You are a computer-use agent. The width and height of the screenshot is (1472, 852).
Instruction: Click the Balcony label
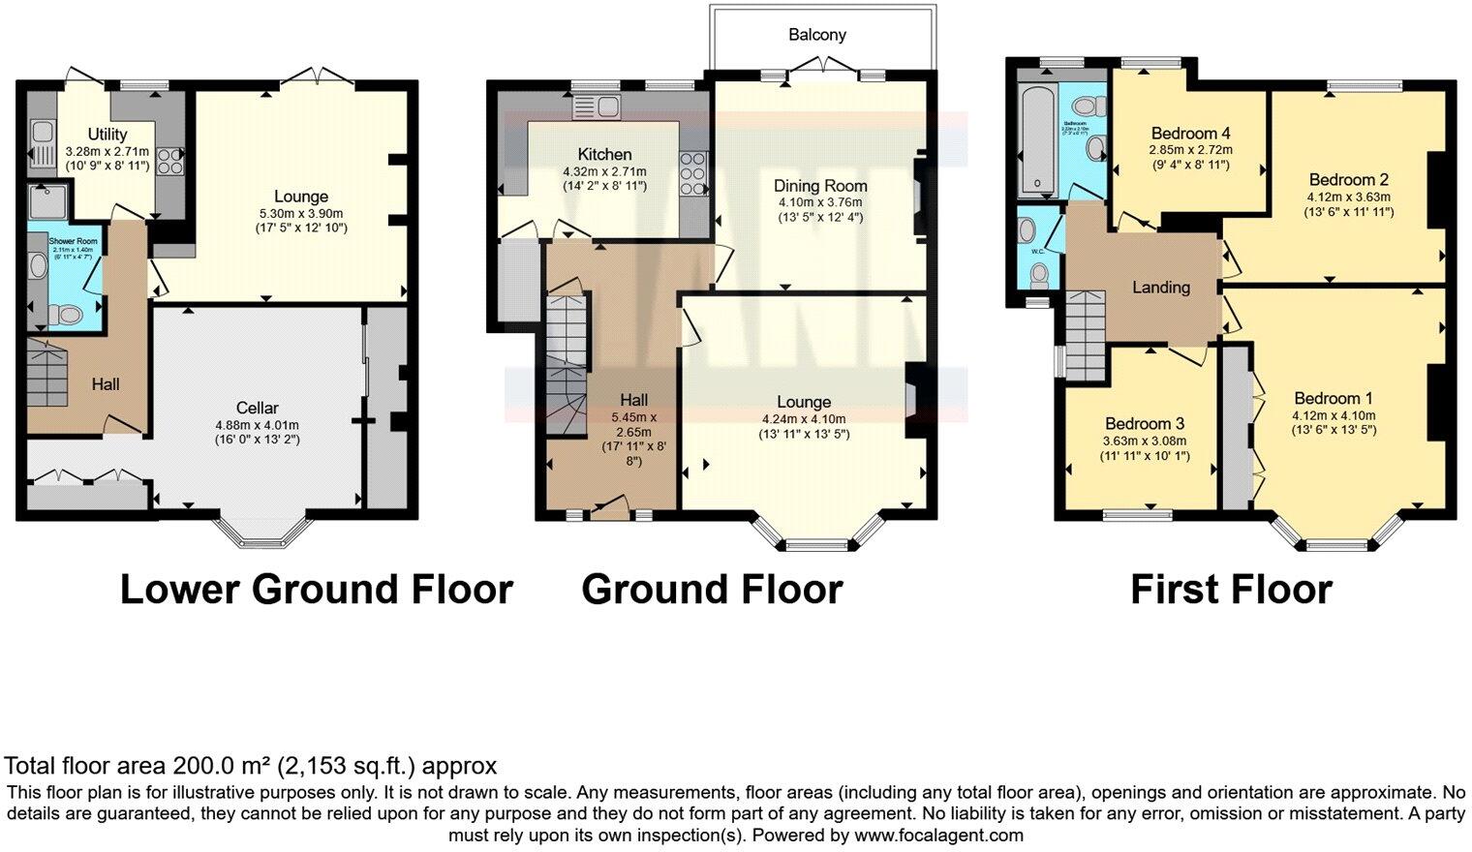click(816, 35)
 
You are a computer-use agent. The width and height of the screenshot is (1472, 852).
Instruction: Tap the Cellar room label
click(257, 408)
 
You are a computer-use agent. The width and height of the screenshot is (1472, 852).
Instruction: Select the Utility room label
click(107, 135)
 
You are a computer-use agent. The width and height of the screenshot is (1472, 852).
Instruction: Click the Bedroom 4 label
click(1190, 133)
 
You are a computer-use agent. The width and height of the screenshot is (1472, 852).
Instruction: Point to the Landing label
click(1160, 287)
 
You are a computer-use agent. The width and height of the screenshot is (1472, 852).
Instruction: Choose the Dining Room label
click(819, 185)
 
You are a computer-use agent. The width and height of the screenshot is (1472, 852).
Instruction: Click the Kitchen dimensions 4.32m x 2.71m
click(605, 171)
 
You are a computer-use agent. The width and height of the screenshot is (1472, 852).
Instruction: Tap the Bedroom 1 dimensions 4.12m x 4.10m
click(1334, 415)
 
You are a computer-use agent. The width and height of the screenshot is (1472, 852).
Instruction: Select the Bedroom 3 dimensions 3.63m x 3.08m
click(1145, 441)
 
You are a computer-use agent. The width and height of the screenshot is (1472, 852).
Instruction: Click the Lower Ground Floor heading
click(316, 589)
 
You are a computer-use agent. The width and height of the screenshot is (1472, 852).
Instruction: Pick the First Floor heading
click(1231, 589)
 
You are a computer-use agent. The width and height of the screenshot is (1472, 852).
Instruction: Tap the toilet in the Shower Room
click(65, 314)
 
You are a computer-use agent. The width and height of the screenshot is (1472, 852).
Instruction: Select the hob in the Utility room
click(170, 159)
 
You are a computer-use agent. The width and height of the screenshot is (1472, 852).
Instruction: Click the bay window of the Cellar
click(256, 529)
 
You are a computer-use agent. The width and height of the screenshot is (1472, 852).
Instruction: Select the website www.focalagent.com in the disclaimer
click(937, 835)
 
